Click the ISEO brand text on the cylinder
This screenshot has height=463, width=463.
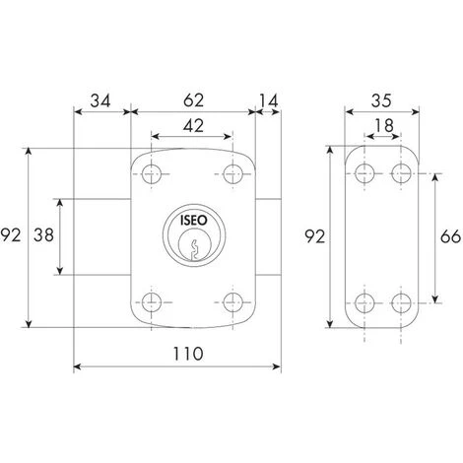(194, 221)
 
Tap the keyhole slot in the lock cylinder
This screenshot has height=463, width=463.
(194, 250)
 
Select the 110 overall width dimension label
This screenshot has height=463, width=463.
(188, 354)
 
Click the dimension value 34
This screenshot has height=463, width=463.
(100, 100)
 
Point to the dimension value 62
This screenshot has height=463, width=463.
(193, 99)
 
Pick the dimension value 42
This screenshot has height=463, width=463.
(193, 125)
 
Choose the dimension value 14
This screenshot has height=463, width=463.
(269, 101)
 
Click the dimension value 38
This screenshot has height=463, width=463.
(43, 235)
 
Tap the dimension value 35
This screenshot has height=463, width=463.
(381, 100)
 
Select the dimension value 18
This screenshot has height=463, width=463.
(384, 125)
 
